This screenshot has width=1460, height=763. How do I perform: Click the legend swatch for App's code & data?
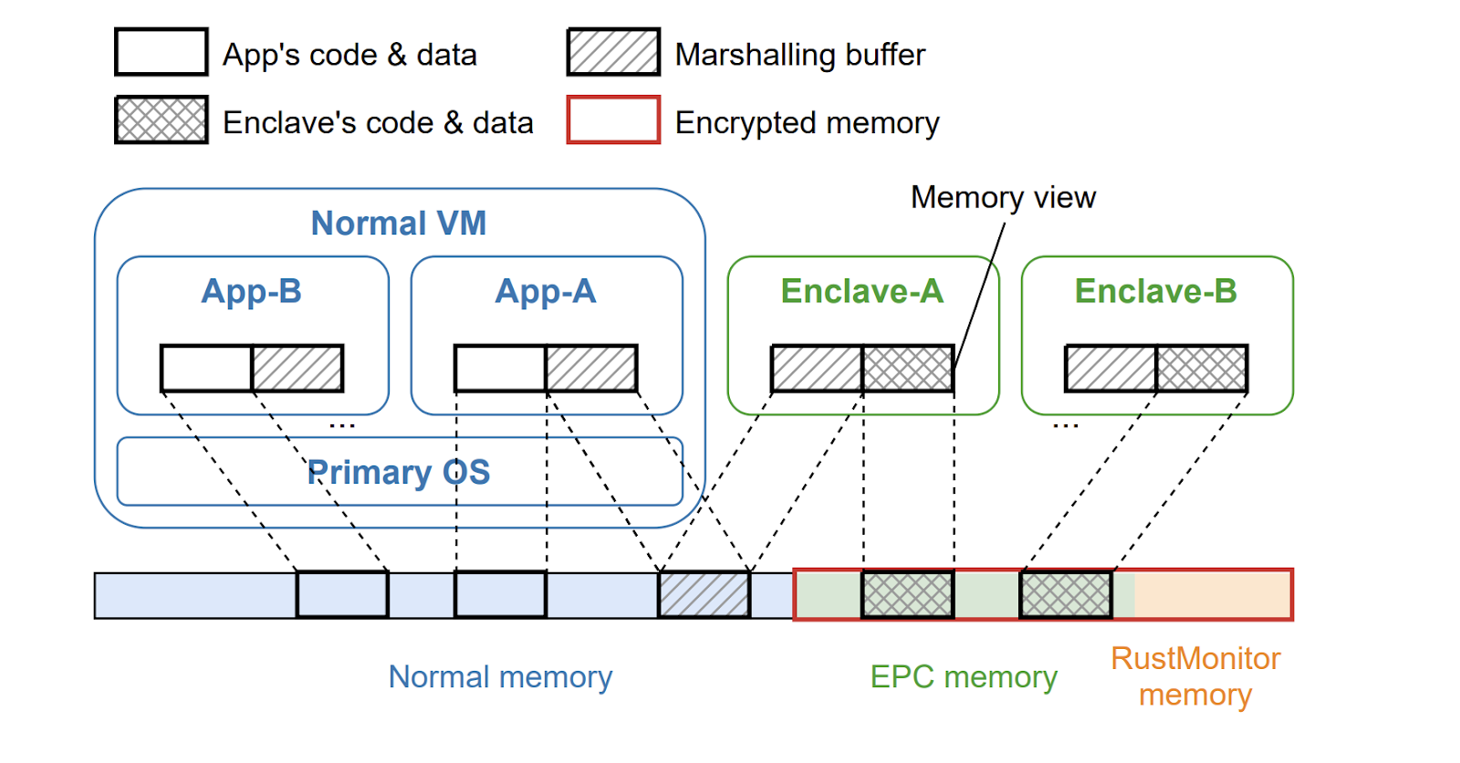[x=161, y=52]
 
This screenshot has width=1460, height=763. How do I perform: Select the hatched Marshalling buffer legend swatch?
[x=613, y=52]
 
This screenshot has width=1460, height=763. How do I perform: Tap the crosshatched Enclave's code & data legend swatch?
[x=161, y=120]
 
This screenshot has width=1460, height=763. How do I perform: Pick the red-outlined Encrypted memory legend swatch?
[x=613, y=120]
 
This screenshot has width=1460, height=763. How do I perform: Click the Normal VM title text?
[x=399, y=224]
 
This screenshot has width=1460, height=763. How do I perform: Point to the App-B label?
[x=252, y=291]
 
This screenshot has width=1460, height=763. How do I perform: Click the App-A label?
[x=546, y=291]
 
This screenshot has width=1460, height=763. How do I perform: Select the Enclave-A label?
[x=862, y=291]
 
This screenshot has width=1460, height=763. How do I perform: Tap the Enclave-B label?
[x=1156, y=291]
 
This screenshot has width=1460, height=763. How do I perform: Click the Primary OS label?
[x=399, y=472]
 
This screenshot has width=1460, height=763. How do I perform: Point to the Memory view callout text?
[x=1003, y=197]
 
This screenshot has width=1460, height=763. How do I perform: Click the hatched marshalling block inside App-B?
[x=297, y=368]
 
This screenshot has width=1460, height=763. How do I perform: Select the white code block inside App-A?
[x=500, y=368]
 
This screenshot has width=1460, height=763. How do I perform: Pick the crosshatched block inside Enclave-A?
[x=908, y=368]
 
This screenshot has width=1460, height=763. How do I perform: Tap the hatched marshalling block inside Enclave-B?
[x=1111, y=368]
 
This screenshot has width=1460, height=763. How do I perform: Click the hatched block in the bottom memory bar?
[x=704, y=594]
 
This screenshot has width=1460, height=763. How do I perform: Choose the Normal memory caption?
[x=500, y=677]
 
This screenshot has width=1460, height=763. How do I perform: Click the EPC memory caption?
[x=964, y=677]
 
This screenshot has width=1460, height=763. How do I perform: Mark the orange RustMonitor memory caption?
[x=1195, y=676]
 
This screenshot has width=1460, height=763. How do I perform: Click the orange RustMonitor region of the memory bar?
[x=1212, y=594]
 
